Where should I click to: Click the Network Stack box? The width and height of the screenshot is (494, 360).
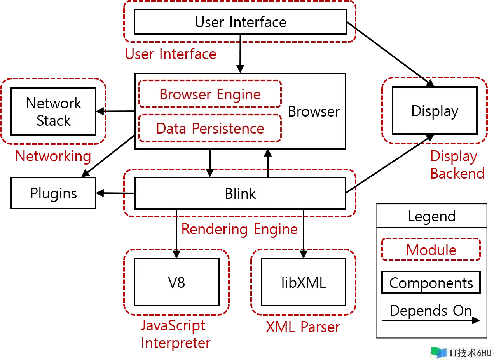click(53, 111)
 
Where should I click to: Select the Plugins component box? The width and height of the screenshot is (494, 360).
click(53, 193)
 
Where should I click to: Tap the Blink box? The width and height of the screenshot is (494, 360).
click(240, 193)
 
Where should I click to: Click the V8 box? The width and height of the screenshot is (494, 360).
click(176, 282)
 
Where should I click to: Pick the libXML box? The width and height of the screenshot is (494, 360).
click(304, 282)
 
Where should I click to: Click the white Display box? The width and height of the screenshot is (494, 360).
click(435, 111)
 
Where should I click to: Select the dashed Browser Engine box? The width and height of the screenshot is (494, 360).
click(210, 94)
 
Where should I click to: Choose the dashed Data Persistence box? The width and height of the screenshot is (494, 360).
click(210, 128)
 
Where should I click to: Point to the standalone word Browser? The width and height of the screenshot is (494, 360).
click(314, 111)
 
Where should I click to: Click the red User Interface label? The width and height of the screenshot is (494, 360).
click(170, 54)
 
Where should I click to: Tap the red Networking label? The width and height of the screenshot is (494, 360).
click(53, 157)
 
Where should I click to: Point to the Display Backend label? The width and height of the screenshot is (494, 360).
click(457, 165)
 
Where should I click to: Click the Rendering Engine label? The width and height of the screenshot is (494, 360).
click(239, 229)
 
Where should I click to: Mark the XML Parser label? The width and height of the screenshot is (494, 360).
click(302, 327)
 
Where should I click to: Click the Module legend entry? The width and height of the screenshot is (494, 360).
click(431, 250)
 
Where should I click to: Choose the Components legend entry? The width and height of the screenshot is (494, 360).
click(431, 283)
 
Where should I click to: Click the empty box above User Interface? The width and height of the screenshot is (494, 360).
click(240, 21)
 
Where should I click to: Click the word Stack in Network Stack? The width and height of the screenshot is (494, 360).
click(53, 121)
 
